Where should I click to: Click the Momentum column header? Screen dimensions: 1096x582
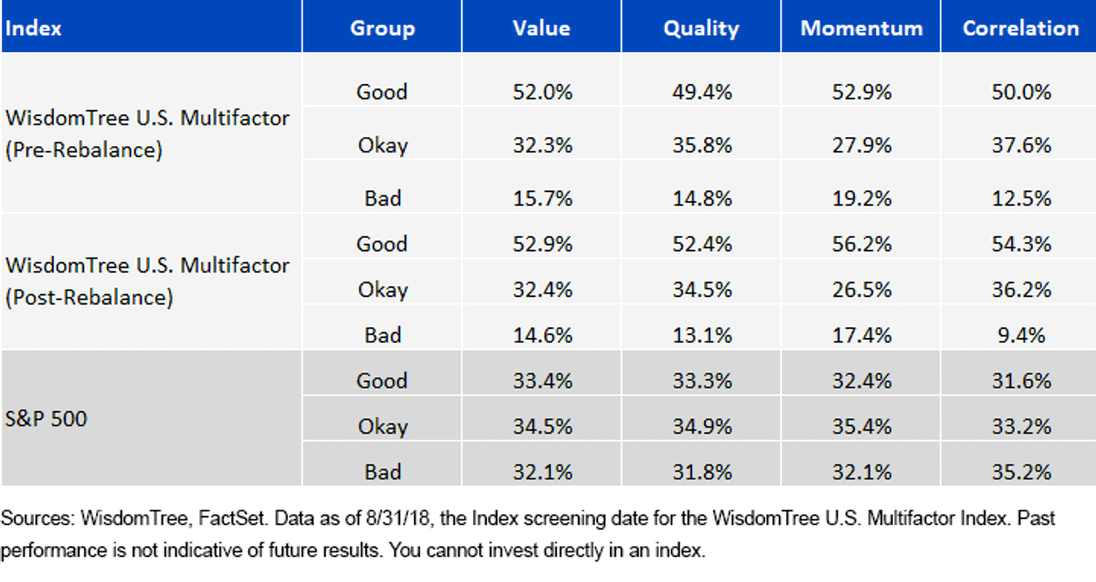[861, 28]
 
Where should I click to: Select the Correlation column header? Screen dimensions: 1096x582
[1021, 28]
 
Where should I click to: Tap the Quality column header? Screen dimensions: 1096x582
[701, 29]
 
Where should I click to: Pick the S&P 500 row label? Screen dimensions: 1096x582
[46, 418]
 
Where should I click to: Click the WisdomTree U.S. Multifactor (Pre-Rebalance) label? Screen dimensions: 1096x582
[147, 133]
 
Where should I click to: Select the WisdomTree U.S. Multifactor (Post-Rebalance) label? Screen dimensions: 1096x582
[147, 281]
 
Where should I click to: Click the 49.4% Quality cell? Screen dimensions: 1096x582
[701, 92]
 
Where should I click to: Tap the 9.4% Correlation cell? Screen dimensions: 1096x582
[1021, 335]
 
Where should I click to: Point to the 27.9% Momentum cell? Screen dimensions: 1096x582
[861, 145]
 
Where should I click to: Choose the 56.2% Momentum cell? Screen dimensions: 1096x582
[861, 244]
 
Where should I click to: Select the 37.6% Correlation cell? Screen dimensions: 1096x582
[1021, 145]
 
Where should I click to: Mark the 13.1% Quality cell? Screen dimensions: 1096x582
[701, 335]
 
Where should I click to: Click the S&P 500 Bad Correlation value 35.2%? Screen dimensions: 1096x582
[1021, 472]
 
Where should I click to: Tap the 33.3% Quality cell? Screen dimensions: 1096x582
[701, 381]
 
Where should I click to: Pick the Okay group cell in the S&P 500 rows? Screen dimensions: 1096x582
[383, 427]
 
